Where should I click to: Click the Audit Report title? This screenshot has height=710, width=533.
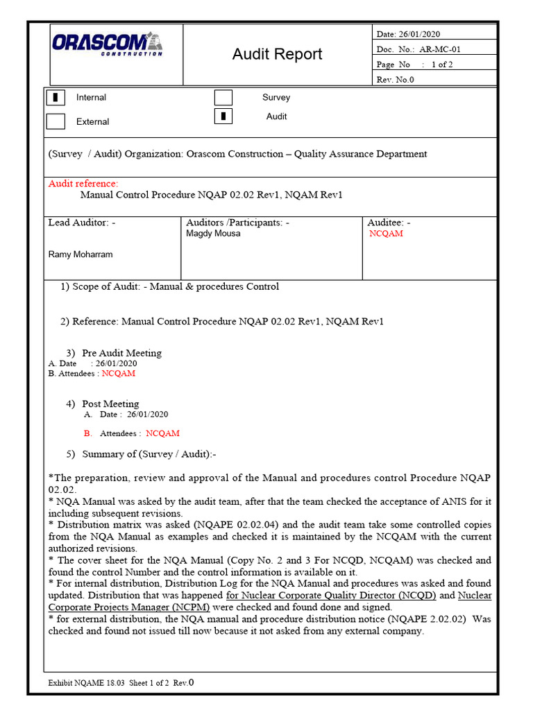[277, 54]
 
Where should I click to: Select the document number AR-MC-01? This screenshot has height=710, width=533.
[439, 49]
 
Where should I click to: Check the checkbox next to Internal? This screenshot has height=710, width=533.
[56, 98]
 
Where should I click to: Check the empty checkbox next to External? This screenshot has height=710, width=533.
[56, 121]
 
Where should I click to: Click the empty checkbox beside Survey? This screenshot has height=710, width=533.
[223, 98]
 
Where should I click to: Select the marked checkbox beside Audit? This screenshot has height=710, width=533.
[223, 116]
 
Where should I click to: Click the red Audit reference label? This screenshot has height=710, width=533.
[83, 184]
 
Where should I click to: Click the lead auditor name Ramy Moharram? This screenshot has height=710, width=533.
[81, 254]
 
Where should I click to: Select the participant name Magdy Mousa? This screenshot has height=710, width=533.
[213, 234]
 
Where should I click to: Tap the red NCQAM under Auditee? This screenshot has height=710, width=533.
[386, 234]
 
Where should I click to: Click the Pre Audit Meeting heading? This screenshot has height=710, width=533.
[121, 353]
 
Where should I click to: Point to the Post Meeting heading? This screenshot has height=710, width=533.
[110, 404]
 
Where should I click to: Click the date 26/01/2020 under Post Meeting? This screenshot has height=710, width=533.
[147, 415]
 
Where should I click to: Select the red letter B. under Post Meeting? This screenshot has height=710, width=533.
[87, 433]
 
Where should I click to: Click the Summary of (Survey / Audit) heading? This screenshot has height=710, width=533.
[149, 454]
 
